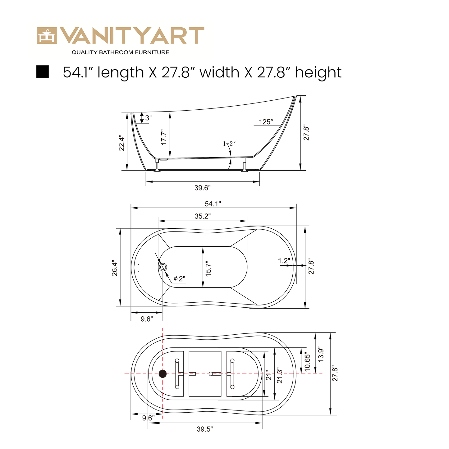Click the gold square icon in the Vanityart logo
(x=47, y=36)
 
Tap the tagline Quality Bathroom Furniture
(x=121, y=53)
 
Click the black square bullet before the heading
(x=43, y=72)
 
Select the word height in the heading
(x=318, y=72)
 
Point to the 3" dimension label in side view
(x=148, y=118)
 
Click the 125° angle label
(x=266, y=122)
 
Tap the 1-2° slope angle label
(x=229, y=144)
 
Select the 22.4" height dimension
(x=121, y=143)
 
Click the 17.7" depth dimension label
(x=164, y=137)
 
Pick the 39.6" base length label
(x=203, y=188)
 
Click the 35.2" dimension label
(x=203, y=216)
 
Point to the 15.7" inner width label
(x=208, y=268)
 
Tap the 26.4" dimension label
(x=115, y=268)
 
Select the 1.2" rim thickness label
(x=284, y=261)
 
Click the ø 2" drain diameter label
(x=179, y=279)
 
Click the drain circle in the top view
(x=163, y=267)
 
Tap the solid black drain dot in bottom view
(x=163, y=374)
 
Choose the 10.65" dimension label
(x=307, y=361)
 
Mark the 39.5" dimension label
(x=204, y=429)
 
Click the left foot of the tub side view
(x=157, y=170)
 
